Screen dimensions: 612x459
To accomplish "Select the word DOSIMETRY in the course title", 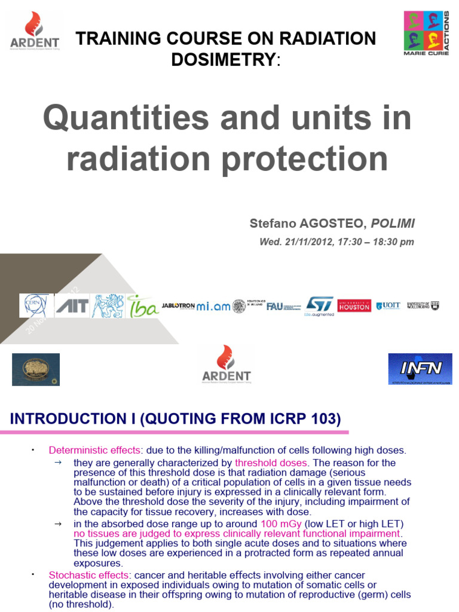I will pyautogui.click(x=224, y=59).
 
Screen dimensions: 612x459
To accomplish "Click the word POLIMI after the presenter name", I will pyautogui.click(x=393, y=224).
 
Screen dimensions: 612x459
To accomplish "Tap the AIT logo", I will pyautogui.click(x=72, y=306).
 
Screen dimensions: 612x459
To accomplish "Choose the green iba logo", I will pyautogui.click(x=143, y=306).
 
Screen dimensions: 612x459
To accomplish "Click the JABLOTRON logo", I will pyautogui.click(x=178, y=305).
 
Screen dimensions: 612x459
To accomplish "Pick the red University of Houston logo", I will pyautogui.click(x=354, y=305).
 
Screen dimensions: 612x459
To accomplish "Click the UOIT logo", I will pyautogui.click(x=388, y=305).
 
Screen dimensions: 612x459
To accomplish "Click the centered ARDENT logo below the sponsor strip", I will pyautogui.click(x=226, y=364).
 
